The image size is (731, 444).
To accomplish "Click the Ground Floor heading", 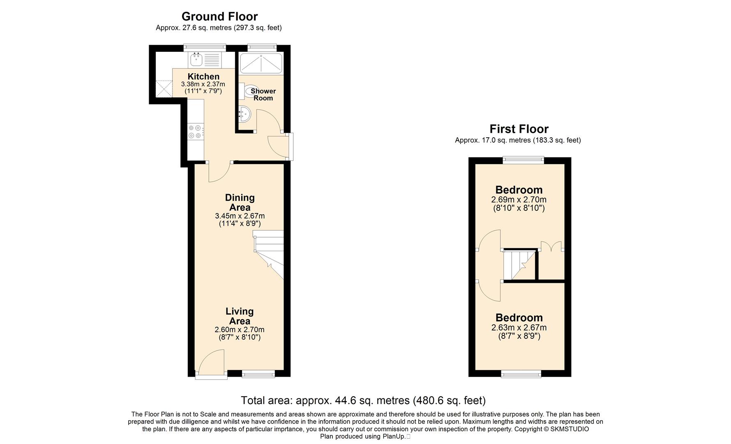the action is click(x=219, y=16).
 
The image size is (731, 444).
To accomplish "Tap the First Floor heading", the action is click(x=519, y=129).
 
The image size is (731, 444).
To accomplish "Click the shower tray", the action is click(x=261, y=63).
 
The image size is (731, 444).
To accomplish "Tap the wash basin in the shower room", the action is click(x=243, y=114).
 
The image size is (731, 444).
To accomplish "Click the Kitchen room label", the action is click(x=203, y=76).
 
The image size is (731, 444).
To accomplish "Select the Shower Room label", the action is click(x=263, y=95).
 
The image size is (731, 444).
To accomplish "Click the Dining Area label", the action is click(x=240, y=203).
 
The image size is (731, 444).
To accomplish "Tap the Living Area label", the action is click(x=240, y=316).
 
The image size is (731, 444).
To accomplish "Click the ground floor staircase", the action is click(x=268, y=255).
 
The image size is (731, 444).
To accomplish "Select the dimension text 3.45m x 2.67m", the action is click(x=240, y=216).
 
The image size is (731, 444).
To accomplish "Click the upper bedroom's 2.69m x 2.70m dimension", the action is click(x=519, y=200).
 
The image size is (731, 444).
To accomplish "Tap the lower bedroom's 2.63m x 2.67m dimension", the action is click(x=519, y=328).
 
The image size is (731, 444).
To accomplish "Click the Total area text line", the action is click(x=363, y=400).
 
